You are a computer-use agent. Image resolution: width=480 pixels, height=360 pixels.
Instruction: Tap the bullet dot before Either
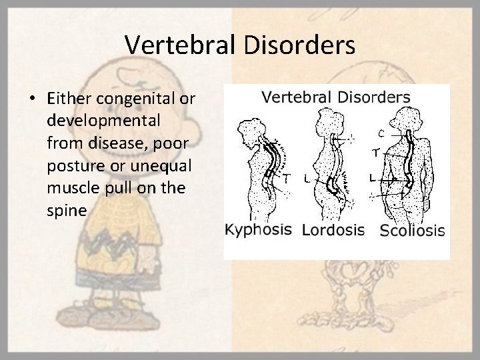[32, 99]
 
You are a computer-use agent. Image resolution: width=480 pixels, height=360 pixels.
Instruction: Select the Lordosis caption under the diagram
[333, 231]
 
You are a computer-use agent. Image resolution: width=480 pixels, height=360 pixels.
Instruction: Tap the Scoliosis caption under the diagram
[413, 231]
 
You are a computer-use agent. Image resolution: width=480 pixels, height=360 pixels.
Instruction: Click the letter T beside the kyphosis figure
[286, 179]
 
